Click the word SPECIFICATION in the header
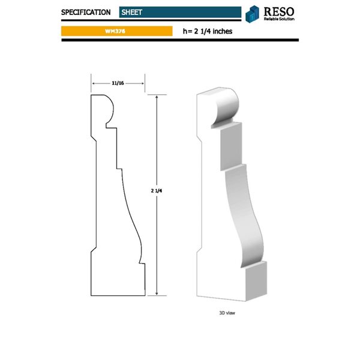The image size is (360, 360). click(86, 11)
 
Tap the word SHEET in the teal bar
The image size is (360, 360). click(131, 11)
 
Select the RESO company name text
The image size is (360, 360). click(280, 10)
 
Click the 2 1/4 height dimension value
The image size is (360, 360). click(157, 190)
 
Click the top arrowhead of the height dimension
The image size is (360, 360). click(157, 97)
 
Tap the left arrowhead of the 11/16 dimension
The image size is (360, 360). click(93, 83)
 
